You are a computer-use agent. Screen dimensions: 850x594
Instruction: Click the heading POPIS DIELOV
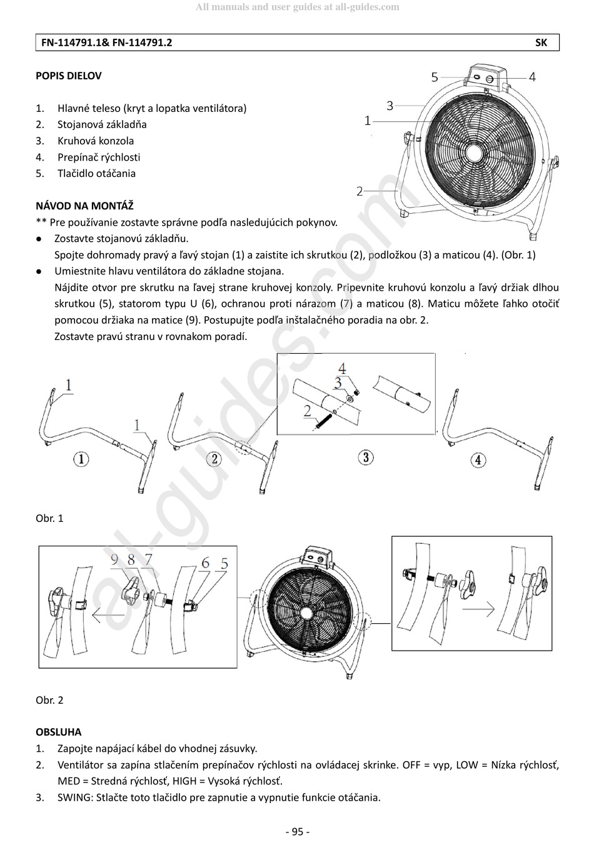(x=68, y=76)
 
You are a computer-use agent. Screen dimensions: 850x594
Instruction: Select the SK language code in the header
(x=541, y=42)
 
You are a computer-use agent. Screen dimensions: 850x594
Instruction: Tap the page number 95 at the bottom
(x=297, y=831)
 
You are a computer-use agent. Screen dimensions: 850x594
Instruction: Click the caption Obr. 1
(x=49, y=518)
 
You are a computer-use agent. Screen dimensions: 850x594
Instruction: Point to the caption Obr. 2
(x=49, y=700)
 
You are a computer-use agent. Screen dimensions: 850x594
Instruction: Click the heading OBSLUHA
(x=58, y=732)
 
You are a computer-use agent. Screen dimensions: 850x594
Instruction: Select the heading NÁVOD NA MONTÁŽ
(x=84, y=206)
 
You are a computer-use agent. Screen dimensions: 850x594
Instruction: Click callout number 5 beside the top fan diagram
(x=435, y=77)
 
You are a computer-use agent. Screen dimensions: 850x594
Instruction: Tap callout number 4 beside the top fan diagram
(x=532, y=77)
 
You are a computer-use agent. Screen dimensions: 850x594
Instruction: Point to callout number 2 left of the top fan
(x=360, y=191)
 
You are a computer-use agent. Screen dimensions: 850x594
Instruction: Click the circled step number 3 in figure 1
(x=366, y=457)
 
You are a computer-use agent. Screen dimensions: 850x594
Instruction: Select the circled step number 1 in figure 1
(x=81, y=460)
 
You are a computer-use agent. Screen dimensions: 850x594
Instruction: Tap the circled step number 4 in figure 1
(x=478, y=461)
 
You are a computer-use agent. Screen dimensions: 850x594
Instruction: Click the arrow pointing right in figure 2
(x=481, y=608)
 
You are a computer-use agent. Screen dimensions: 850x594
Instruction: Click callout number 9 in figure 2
(x=114, y=560)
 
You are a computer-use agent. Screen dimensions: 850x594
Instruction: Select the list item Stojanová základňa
(x=102, y=124)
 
